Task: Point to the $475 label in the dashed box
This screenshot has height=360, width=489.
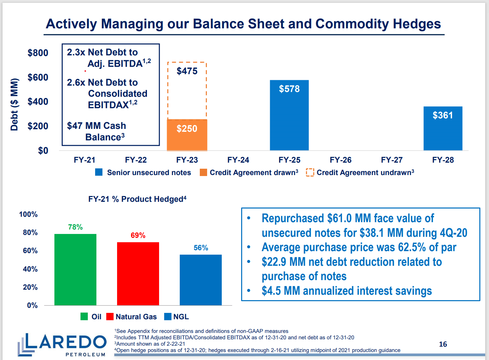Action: (x=187, y=71)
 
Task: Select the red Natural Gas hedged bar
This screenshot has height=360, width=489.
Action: (x=138, y=273)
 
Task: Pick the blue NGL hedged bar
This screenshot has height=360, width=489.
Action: (x=200, y=280)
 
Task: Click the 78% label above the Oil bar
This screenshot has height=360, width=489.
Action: (x=75, y=227)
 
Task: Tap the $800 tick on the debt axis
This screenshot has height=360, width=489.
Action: (x=38, y=53)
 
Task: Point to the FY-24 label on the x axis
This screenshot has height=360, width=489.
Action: (x=238, y=160)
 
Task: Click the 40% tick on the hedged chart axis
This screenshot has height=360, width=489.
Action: (x=30, y=269)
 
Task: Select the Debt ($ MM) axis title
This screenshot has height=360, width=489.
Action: (x=14, y=104)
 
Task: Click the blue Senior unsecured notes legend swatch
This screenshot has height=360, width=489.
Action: (x=99, y=172)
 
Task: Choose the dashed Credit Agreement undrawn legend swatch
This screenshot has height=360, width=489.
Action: (x=310, y=172)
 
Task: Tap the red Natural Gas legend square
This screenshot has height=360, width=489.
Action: (x=110, y=316)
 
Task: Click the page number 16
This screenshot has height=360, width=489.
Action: (x=443, y=344)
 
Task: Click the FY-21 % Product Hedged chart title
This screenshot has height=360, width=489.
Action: (x=137, y=199)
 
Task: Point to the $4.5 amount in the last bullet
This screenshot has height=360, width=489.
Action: (x=271, y=291)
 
